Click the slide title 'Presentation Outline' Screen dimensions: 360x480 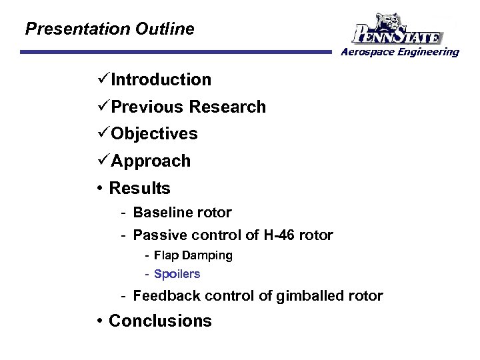[109, 29]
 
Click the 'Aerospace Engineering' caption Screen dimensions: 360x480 [400, 52]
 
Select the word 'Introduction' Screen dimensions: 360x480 [161, 80]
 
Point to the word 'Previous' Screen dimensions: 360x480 [147, 107]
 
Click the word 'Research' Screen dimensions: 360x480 [227, 107]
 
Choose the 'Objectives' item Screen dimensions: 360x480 [154, 134]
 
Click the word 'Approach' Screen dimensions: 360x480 [151, 161]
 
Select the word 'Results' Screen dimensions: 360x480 [139, 189]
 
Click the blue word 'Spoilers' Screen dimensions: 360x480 [177, 274]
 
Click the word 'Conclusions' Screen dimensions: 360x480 [160, 321]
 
